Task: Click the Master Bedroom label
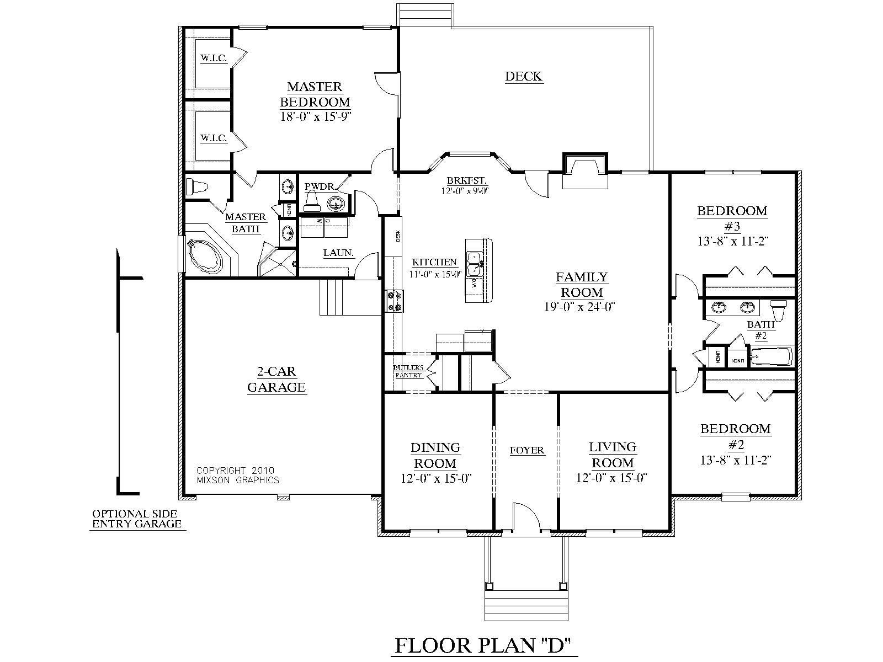point(315,94)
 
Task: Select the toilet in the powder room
point(313,202)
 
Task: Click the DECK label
point(523,76)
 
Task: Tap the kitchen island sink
point(474,264)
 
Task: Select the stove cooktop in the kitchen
point(395,302)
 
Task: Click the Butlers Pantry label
point(408,371)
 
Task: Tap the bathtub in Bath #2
point(772,357)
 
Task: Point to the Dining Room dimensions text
point(436,478)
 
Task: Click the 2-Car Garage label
point(276,380)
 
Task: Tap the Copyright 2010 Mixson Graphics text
point(237,476)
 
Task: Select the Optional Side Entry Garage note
point(137,519)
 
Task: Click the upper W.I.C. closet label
point(214,57)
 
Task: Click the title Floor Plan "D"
point(483,645)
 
